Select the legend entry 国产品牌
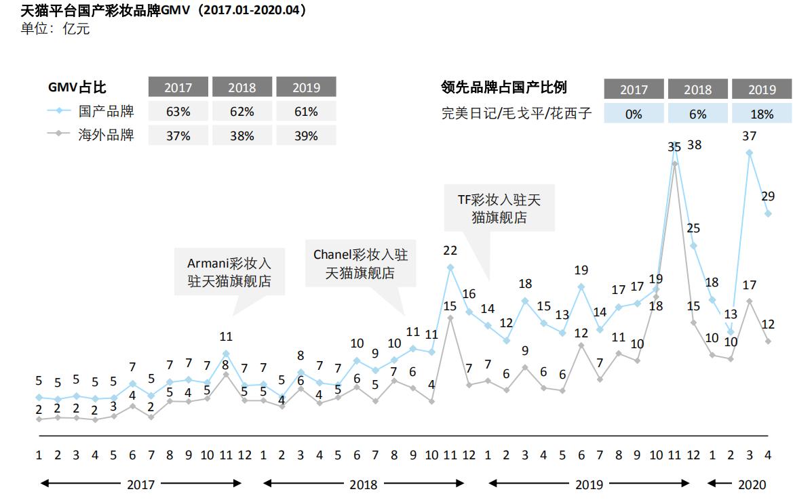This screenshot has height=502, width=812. click(106, 111)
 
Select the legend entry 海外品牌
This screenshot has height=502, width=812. click(106, 135)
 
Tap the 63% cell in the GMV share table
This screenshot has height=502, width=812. click(178, 112)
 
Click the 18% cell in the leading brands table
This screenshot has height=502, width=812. click(761, 114)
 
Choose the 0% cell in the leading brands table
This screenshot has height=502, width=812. click(633, 114)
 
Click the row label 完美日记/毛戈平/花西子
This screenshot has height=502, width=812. click(516, 114)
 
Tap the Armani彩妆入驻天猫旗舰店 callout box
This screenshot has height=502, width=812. click(229, 272)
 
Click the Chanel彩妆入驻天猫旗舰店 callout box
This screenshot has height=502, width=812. click(360, 264)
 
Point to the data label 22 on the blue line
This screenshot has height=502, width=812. click(450, 250)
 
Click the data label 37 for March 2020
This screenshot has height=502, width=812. click(749, 136)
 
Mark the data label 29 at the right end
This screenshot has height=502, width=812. click(768, 196)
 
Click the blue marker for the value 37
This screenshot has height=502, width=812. click(749, 152)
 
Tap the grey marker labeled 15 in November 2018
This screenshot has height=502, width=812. click(450, 317)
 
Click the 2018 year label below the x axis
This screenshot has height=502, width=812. click(363, 484)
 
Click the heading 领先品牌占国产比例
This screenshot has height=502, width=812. click(503, 87)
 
